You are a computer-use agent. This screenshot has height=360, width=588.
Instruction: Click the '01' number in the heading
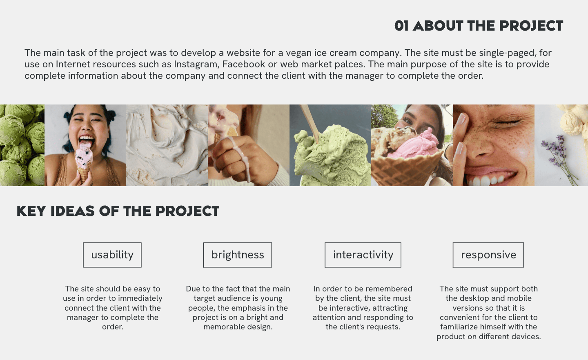pyautogui.click(x=401, y=26)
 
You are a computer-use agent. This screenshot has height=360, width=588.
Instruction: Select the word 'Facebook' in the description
pyautogui.click(x=243, y=64)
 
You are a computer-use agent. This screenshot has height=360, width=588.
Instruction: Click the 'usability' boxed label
pyautogui.click(x=112, y=255)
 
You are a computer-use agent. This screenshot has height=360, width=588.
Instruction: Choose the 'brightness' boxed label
pyautogui.click(x=238, y=255)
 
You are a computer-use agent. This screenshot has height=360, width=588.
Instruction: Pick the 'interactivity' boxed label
pyautogui.click(x=363, y=255)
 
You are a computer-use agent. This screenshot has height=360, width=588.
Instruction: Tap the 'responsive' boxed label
pyautogui.click(x=488, y=255)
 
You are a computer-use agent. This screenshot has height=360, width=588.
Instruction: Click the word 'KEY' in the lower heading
pyautogui.click(x=31, y=211)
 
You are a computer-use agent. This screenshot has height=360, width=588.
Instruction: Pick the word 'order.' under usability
pyautogui.click(x=113, y=327)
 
